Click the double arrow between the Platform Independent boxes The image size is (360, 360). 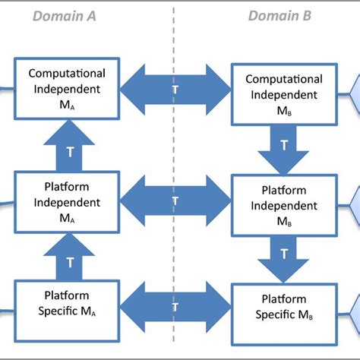click(x=175, y=201)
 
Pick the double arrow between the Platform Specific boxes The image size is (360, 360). click(x=175, y=307)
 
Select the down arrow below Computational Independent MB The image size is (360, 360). click(x=282, y=147)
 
